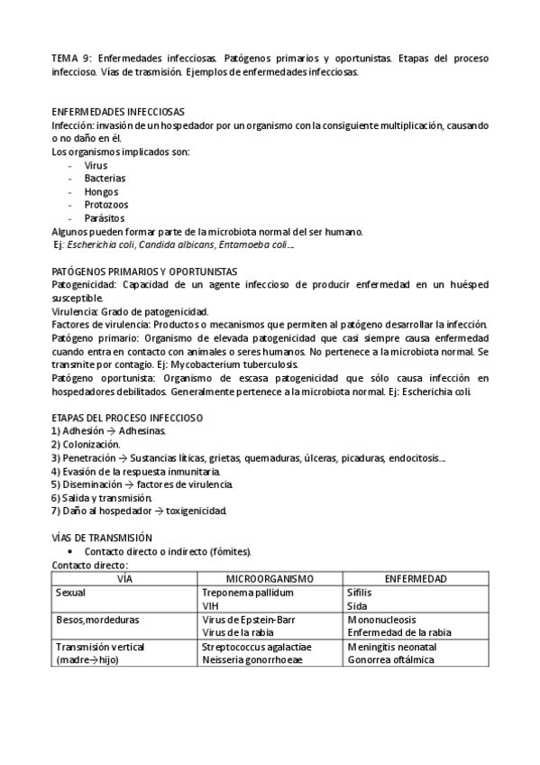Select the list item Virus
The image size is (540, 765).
(96, 166)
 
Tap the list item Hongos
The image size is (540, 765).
(101, 192)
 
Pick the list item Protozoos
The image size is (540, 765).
(105, 205)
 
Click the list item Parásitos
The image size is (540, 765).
(105, 218)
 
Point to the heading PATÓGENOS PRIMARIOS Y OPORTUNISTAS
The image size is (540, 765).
(144, 271)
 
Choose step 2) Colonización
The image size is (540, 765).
(86, 445)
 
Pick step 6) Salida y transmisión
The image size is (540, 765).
(102, 497)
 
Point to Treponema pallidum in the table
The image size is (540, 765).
(249, 594)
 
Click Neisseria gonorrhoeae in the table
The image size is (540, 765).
(252, 659)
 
